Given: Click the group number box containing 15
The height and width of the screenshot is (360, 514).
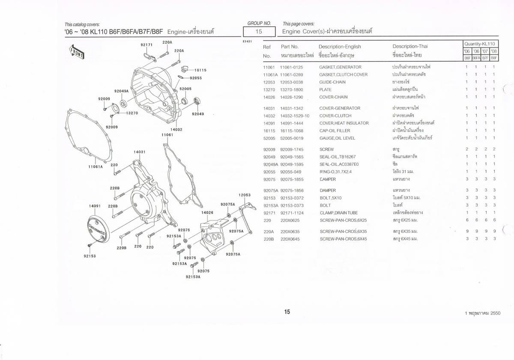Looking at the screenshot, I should point(259,31).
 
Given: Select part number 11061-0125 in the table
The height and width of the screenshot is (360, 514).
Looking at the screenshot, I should point(291,67).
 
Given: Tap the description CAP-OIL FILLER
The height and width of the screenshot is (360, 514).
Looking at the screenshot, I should point(335,131).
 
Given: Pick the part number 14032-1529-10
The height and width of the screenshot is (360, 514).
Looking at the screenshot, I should point(295,116).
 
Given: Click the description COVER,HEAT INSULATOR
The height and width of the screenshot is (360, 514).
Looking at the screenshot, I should point(344,123).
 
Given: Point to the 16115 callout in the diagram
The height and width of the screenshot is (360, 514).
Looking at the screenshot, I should point(200,70).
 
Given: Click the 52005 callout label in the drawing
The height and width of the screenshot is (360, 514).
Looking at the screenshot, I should point(185,89).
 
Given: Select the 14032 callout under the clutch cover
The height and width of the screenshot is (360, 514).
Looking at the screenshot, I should point(176,129).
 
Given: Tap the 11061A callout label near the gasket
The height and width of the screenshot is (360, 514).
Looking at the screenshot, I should point(96,167).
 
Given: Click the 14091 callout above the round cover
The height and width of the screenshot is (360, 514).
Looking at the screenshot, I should point(95,206).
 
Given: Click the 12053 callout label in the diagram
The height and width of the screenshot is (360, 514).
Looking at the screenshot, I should point(245,195).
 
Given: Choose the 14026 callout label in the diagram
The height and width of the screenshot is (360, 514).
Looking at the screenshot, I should point(207,213).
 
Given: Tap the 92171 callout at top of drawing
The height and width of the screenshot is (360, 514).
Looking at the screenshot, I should point(146,45).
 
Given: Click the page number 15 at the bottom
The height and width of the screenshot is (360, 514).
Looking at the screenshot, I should point(287,312).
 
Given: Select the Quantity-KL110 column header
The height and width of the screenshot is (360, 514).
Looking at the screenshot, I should point(480,44).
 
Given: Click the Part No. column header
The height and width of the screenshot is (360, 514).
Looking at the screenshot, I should point(290,47).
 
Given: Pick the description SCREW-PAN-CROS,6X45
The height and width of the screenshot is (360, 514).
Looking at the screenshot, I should point(343,239).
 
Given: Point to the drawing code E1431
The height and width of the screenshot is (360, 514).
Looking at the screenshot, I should point(247,42).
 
